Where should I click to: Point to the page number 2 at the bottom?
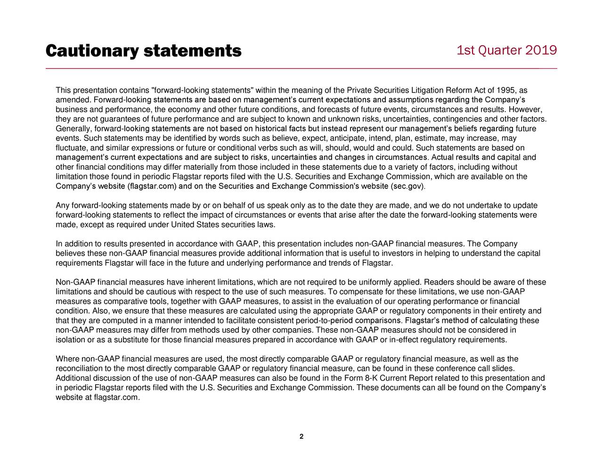pos(301,436)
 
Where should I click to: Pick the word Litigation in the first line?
pos(428,90)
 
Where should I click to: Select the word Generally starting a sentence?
pos(74,129)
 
